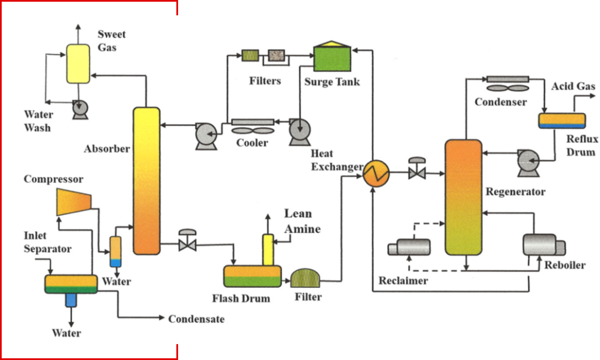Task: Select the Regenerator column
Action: coord(463,197)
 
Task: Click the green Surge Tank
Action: coord(332,59)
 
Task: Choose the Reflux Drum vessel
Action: coord(562,120)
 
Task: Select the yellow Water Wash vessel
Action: coord(78,63)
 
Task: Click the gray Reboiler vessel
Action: coord(543,245)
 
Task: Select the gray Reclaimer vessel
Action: coord(409,247)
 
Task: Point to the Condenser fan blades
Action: coord(507,89)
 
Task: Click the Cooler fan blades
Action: coord(253,131)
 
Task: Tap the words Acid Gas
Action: coord(573,87)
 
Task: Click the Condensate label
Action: coord(196,319)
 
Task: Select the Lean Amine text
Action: coord(302,221)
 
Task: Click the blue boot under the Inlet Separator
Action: coord(71,300)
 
